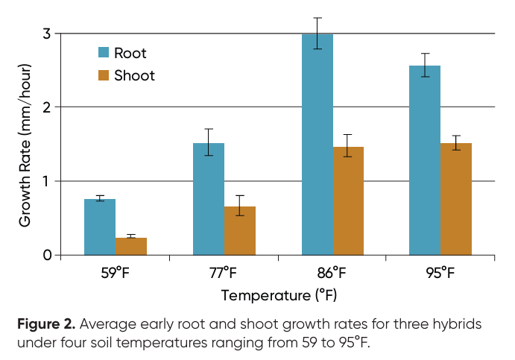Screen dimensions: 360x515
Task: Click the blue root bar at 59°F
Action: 100,227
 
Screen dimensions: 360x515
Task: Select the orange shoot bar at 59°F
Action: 131,247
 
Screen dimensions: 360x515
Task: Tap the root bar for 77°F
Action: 209,199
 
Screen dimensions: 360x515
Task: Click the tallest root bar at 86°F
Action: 317,145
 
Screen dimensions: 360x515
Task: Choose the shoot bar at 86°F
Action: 349,201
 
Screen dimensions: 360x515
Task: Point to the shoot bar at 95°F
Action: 456,199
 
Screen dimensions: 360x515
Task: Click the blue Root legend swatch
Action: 104,53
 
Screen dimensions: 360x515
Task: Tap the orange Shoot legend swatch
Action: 104,75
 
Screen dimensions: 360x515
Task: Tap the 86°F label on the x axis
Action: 333,273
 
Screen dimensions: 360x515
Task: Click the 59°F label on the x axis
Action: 116,273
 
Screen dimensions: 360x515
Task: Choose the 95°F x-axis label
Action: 440,273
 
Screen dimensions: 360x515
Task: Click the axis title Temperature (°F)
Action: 279,296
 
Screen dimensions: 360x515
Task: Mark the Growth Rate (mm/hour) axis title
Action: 25,144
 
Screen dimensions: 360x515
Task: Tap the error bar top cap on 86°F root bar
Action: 317,18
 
